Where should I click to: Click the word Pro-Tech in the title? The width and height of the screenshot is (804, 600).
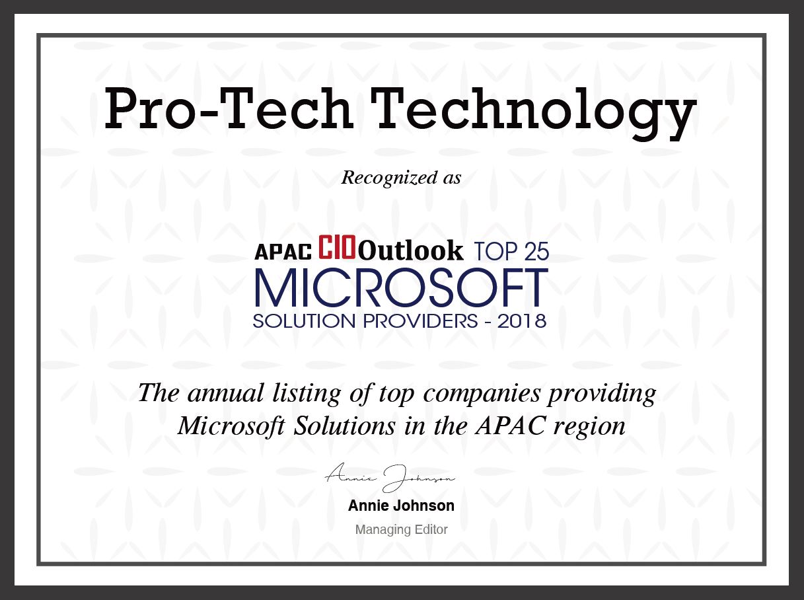pyautogui.click(x=229, y=108)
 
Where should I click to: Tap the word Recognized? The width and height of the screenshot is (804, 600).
pyautogui.click(x=389, y=178)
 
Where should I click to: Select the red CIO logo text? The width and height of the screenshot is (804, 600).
pyautogui.click(x=337, y=247)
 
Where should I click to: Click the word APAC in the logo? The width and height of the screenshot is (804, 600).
pyautogui.click(x=283, y=252)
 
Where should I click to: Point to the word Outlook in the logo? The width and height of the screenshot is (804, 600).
pyautogui.click(x=411, y=251)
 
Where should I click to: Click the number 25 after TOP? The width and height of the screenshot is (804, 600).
pyautogui.click(x=536, y=252)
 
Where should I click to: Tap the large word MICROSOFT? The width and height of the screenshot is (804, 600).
pyautogui.click(x=402, y=287)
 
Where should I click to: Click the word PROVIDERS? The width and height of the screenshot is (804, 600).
pyautogui.click(x=420, y=321)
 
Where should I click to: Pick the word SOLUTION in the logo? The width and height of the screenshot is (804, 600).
pyautogui.click(x=304, y=321)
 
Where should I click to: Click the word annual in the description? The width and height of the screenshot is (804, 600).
pyautogui.click(x=226, y=393)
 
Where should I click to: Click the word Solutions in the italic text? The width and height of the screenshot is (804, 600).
pyautogui.click(x=344, y=426)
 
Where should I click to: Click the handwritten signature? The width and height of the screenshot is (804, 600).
pyautogui.click(x=390, y=478)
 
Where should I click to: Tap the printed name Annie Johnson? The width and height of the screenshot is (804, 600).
pyautogui.click(x=401, y=506)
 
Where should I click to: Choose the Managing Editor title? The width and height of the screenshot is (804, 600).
pyautogui.click(x=402, y=530)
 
